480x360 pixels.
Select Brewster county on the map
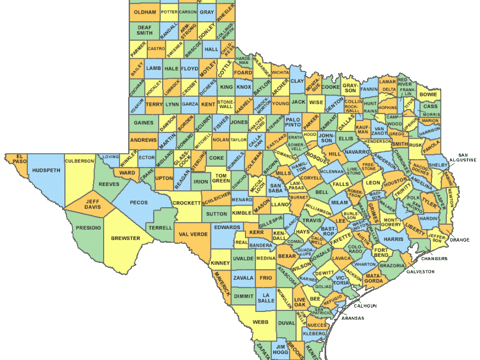click(x=125, y=238)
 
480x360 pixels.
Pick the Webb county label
click(x=260, y=322)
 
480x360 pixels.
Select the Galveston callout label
click(x=420, y=271)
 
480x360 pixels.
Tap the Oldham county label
click(x=145, y=12)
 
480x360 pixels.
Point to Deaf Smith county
click(x=145, y=30)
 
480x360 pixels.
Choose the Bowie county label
click(x=428, y=94)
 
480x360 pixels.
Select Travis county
click(x=312, y=220)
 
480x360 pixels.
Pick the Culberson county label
click(x=79, y=161)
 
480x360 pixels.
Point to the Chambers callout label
click(x=434, y=258)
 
